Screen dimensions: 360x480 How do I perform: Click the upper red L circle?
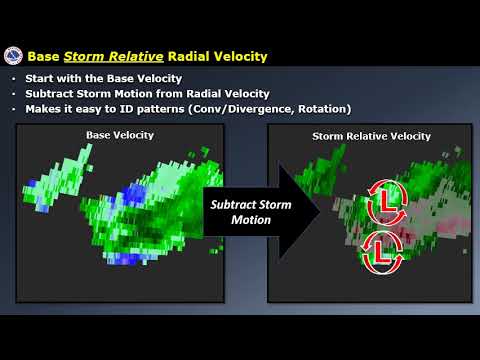(x=381, y=199)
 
